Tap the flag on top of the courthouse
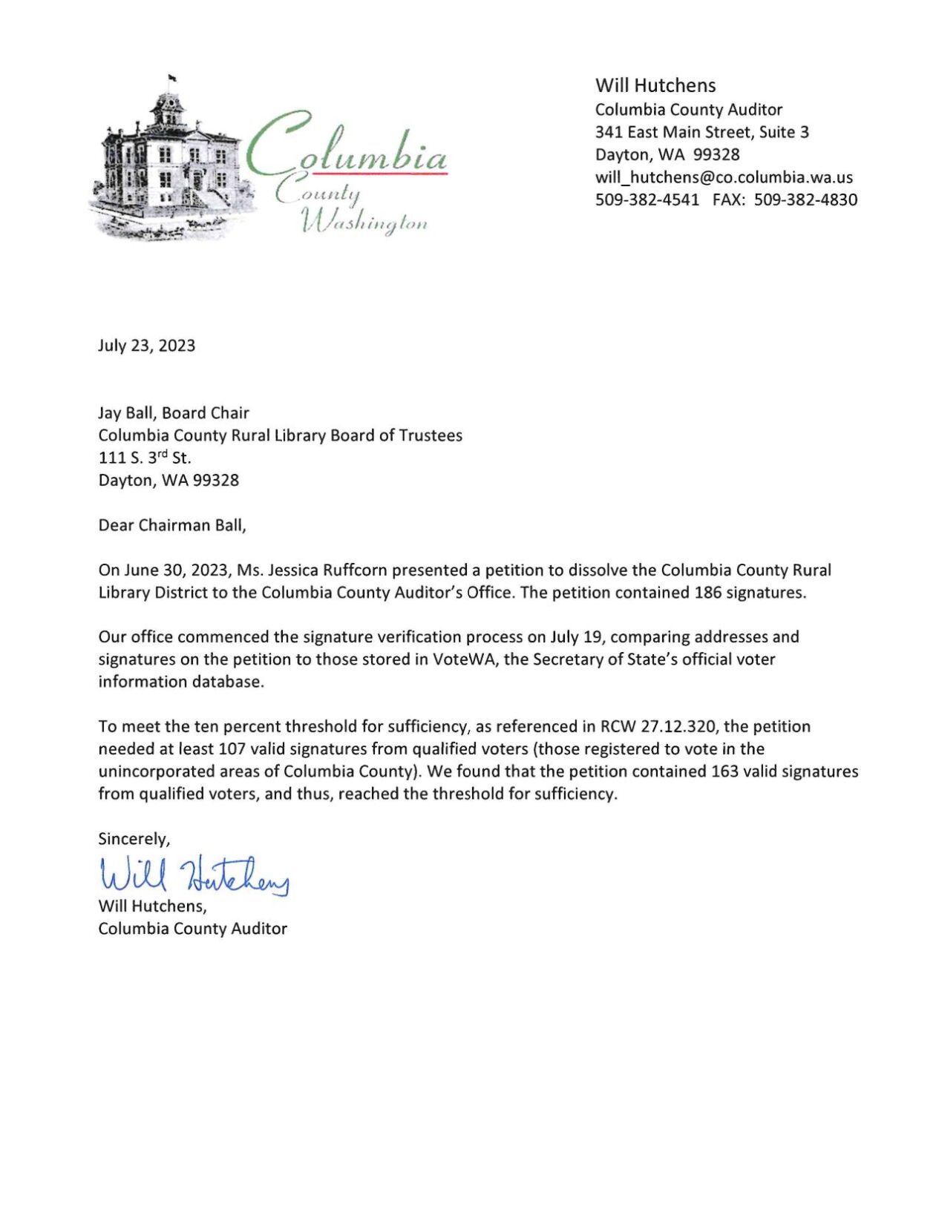click(x=172, y=77)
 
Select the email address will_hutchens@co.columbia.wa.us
click(x=724, y=177)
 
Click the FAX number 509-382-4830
click(x=805, y=200)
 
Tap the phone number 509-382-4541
click(x=647, y=200)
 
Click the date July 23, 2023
click(x=146, y=346)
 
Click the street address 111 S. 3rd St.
click(x=145, y=458)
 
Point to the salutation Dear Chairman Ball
click(x=171, y=525)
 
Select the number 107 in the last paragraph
click(x=232, y=748)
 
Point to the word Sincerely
click(x=134, y=838)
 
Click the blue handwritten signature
click(x=193, y=875)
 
